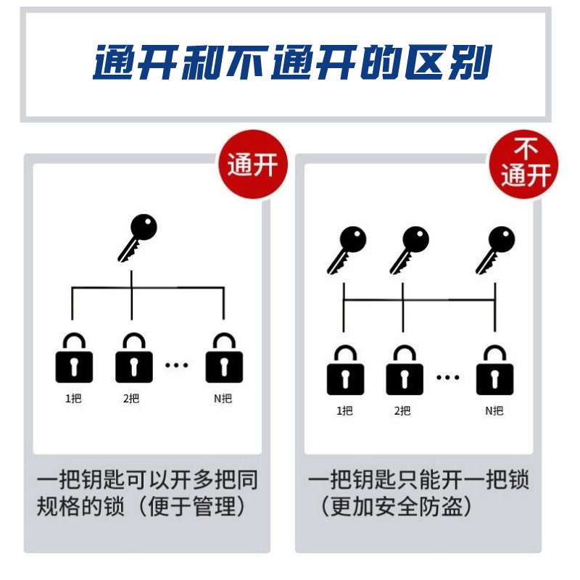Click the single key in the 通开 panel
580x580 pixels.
(138, 238)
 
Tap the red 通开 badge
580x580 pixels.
(252, 165)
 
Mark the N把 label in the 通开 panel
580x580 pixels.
(223, 398)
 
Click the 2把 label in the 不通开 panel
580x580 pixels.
(402, 410)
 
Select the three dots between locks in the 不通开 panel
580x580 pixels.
(447, 377)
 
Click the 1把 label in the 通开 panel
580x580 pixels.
(73, 398)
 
